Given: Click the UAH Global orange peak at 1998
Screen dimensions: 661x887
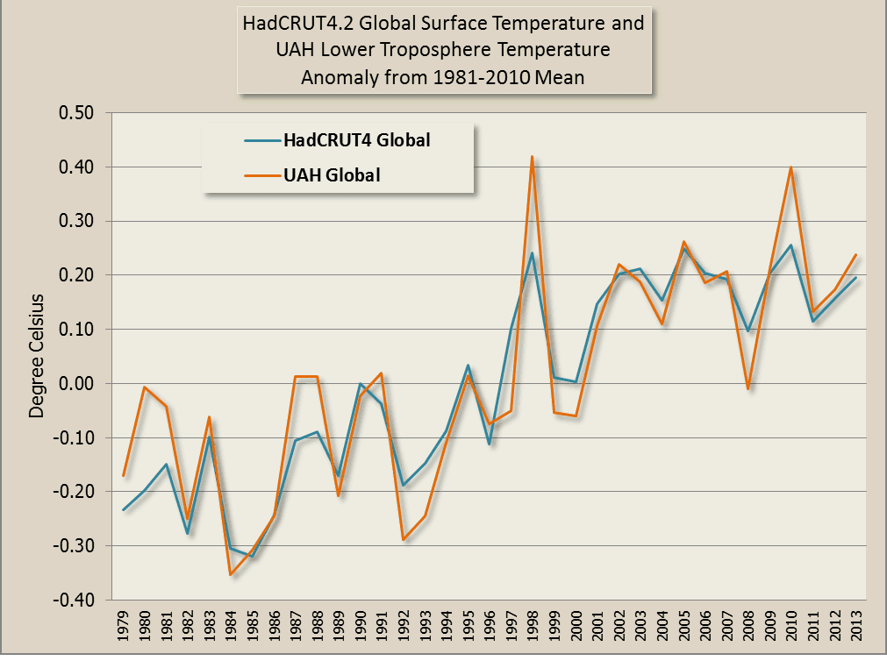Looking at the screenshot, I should tap(532, 158).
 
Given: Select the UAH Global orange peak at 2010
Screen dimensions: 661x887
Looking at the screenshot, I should tap(790, 167).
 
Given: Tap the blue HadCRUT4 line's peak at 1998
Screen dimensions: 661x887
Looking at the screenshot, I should tap(532, 254).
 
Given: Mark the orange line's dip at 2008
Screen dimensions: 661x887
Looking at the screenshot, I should tap(748, 387).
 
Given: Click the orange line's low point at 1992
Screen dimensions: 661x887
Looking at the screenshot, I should tap(403, 539).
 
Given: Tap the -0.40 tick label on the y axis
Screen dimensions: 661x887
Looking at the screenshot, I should tap(75, 601).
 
